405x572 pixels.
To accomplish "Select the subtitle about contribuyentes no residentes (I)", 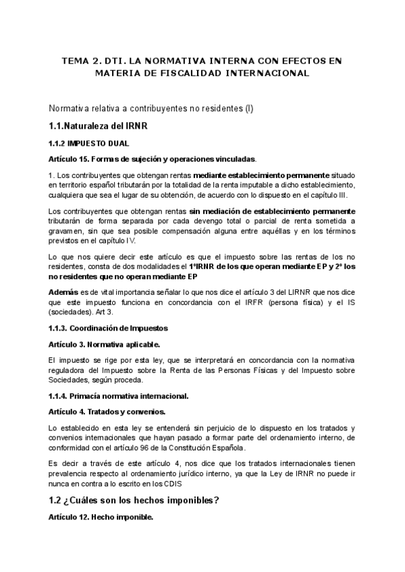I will tap(151, 109).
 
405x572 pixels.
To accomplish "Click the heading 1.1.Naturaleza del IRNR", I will tap(99, 126).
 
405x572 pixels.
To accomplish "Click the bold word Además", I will tap(63, 293).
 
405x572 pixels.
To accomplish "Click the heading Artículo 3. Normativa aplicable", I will tap(105, 344).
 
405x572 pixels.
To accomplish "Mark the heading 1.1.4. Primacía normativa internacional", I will tap(119, 395).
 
